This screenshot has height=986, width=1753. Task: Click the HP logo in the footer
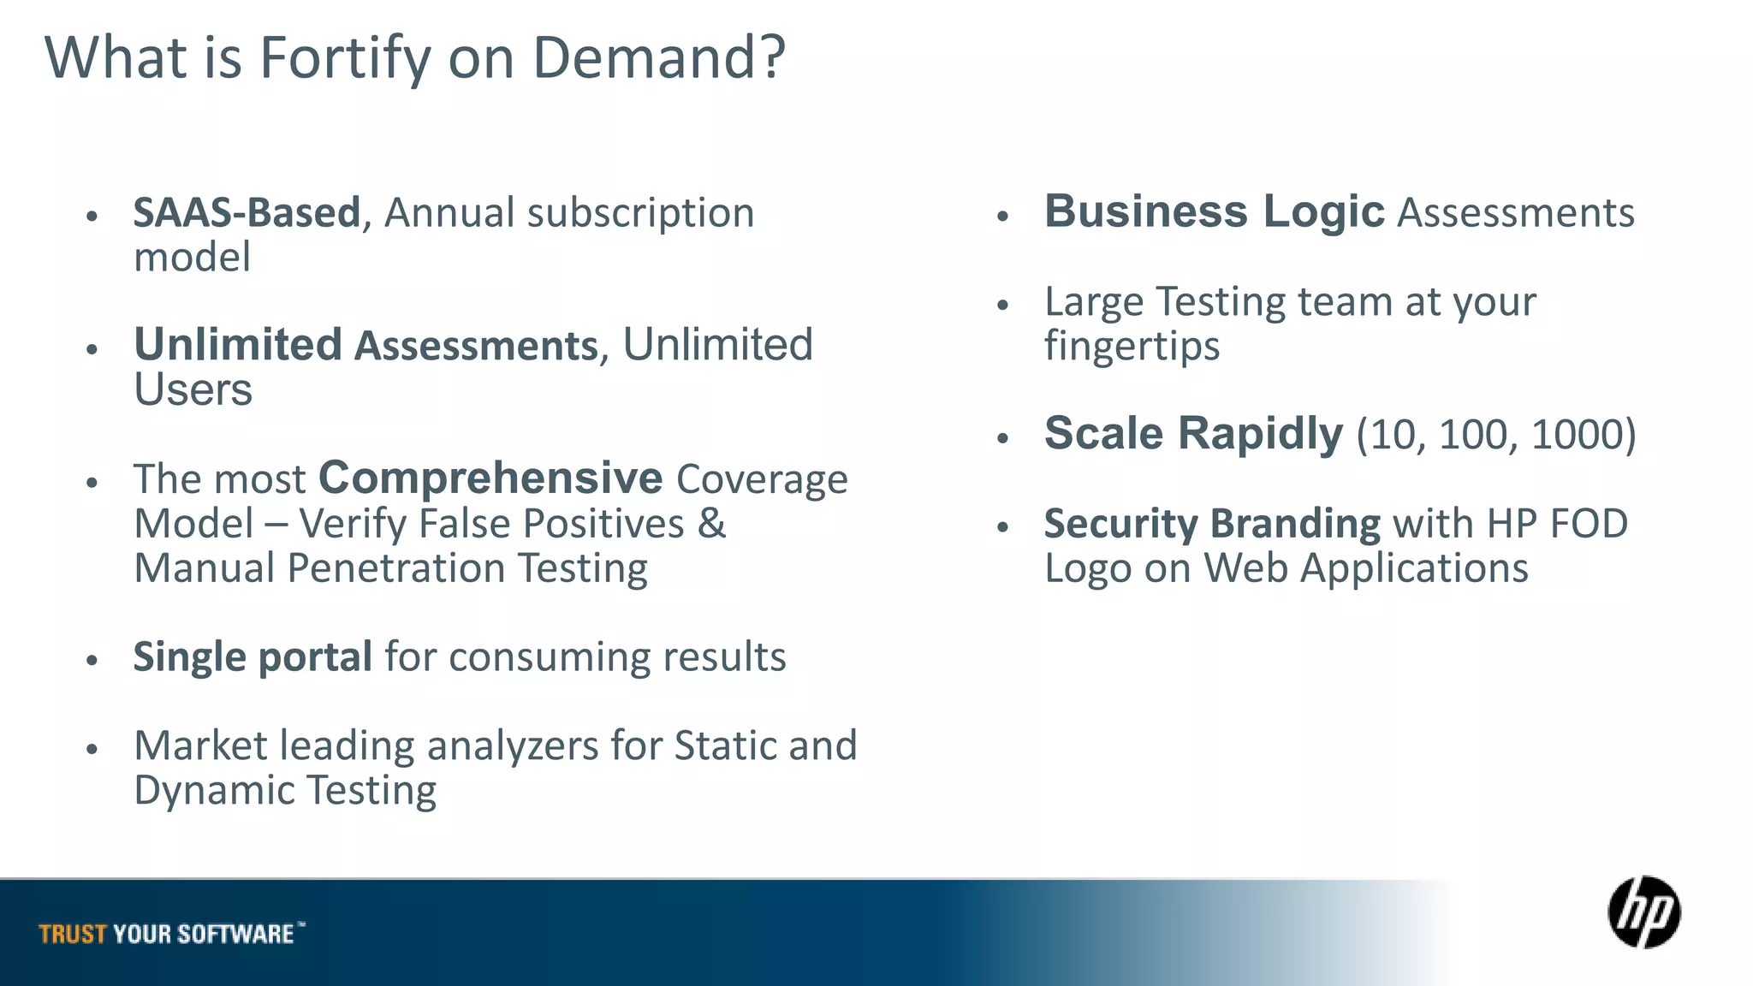point(1643,912)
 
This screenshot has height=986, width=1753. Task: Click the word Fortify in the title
point(344,58)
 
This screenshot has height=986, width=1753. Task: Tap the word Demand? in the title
point(658,58)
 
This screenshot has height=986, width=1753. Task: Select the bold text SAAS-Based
point(247,212)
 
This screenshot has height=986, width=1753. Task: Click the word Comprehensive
point(490,478)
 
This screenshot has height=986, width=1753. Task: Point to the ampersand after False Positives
point(711,523)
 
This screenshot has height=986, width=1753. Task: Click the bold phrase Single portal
point(253,656)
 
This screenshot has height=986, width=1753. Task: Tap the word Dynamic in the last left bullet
point(213,790)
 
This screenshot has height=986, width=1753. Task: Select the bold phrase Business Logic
point(1214,211)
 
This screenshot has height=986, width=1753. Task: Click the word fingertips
point(1132,346)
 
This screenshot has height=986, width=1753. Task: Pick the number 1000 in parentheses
point(1577,434)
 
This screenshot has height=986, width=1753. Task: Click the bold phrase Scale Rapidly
point(1193,433)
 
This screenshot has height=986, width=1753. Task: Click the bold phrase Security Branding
point(1212,523)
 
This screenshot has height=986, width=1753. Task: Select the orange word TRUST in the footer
point(73,934)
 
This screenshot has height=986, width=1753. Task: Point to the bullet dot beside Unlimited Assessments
point(92,348)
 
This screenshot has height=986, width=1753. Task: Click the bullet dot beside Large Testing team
point(1003,305)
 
